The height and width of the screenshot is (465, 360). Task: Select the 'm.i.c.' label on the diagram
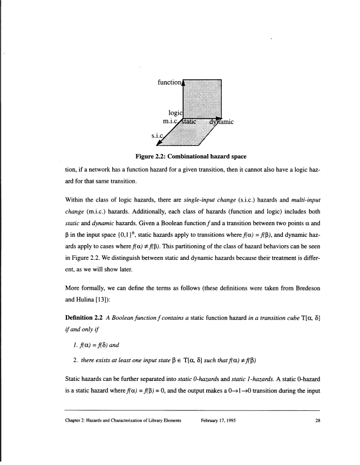point(171,122)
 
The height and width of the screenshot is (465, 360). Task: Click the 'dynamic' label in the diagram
point(222,122)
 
